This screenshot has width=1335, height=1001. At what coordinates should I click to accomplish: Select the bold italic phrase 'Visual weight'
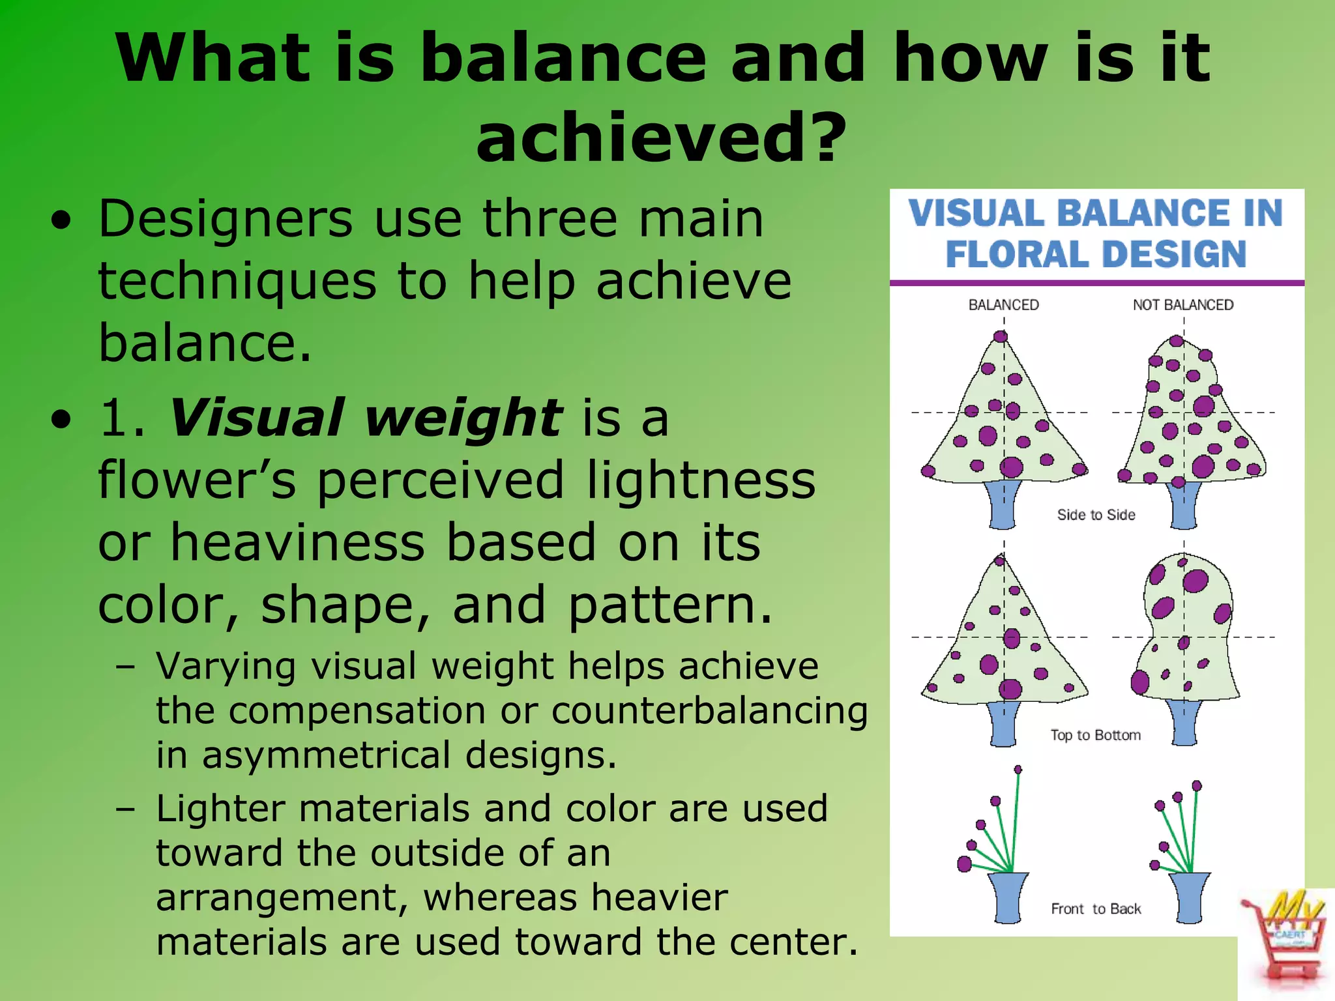[365, 418]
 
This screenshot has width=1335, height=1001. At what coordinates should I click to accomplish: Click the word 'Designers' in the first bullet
[226, 219]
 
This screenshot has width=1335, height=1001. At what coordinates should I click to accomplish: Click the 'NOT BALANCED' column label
[1182, 305]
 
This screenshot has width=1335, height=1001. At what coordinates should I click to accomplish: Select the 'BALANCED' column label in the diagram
[1003, 305]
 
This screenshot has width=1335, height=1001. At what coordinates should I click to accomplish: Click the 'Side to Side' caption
[1096, 515]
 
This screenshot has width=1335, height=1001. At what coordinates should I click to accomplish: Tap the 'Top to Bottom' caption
[1095, 735]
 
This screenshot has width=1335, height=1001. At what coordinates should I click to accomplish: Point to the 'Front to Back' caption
[1096, 908]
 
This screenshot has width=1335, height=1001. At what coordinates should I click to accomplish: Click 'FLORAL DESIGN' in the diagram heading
[1096, 254]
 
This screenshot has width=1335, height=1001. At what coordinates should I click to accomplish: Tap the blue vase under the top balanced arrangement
[1003, 504]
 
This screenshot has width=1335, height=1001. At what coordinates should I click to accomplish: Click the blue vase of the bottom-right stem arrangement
[1189, 898]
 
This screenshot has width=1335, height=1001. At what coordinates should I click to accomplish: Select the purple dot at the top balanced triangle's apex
[1001, 337]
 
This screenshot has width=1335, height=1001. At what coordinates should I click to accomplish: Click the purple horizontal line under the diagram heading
[1096, 283]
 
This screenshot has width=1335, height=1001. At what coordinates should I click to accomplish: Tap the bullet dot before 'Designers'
[61, 222]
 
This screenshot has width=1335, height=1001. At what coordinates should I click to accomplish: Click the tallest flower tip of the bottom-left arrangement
[1018, 770]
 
